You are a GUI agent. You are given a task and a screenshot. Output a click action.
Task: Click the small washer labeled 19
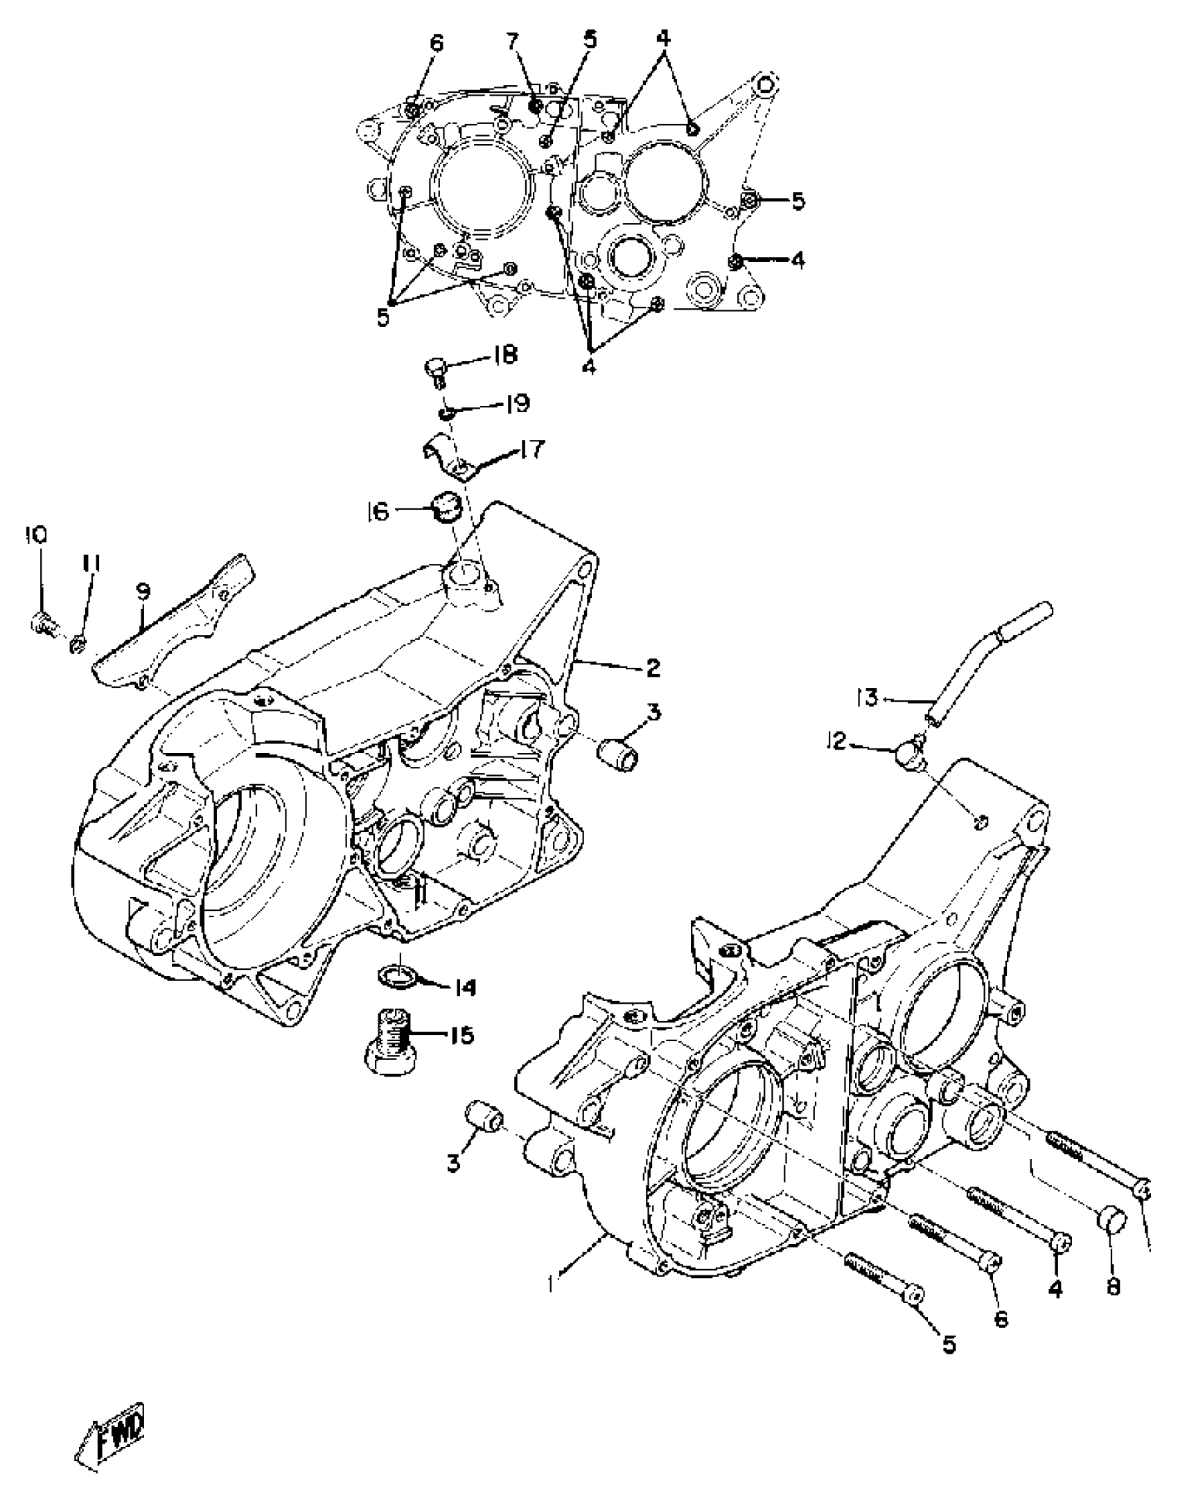(x=446, y=414)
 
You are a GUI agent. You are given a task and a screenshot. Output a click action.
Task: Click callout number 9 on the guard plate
(x=142, y=592)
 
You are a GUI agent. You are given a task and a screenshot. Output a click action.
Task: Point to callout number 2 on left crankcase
(x=652, y=668)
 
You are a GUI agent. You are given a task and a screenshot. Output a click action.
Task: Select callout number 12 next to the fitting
(x=838, y=741)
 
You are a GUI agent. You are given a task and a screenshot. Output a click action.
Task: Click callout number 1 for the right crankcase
(x=552, y=1284)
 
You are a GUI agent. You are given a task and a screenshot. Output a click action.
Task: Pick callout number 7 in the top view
(x=512, y=42)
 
